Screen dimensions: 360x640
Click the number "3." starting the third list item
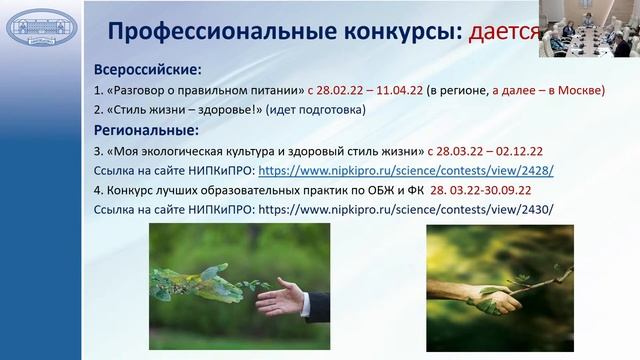point(97,151)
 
